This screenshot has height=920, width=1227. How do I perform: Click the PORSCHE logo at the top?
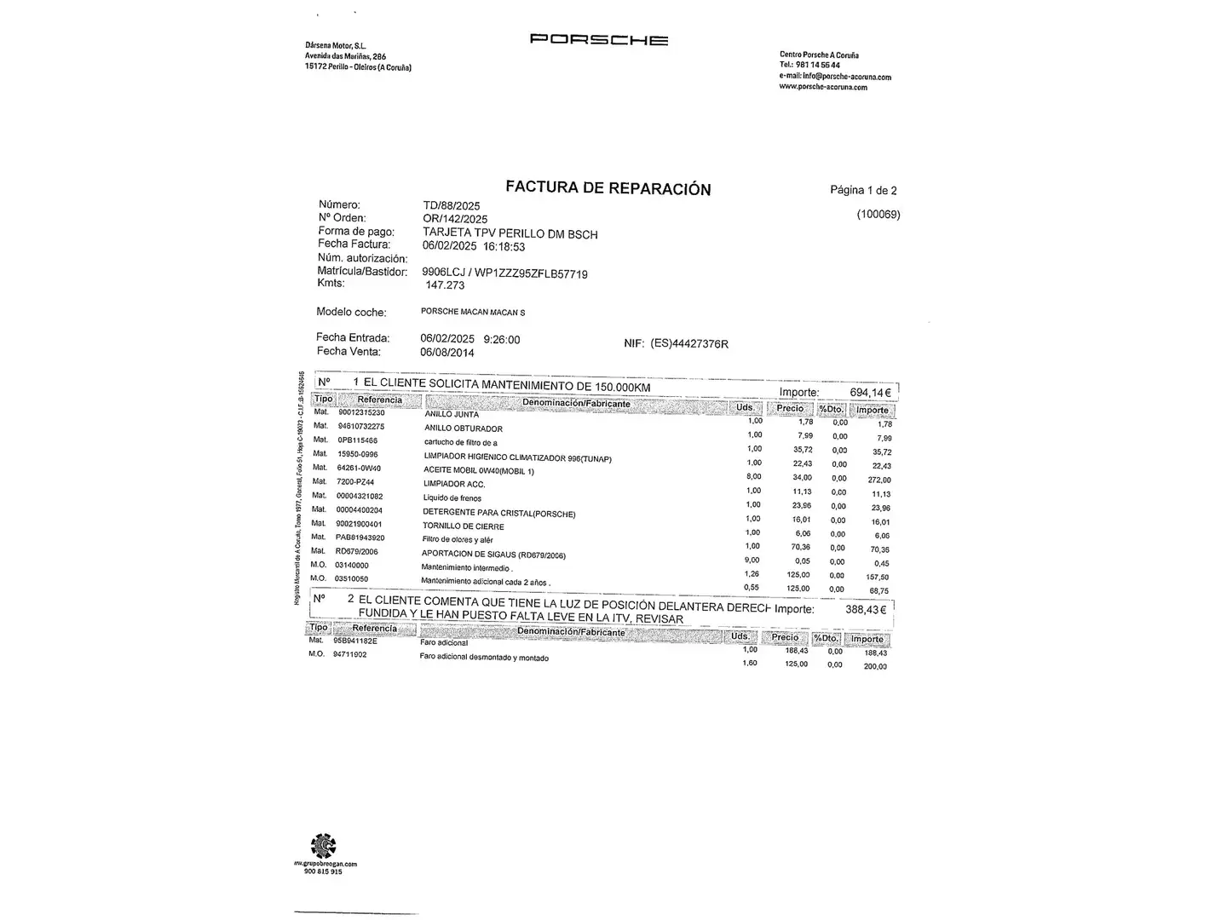[x=598, y=39]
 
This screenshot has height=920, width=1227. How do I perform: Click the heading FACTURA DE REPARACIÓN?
[x=608, y=188]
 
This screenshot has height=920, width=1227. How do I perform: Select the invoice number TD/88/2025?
[x=452, y=205]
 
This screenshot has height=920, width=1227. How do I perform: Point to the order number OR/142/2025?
[x=455, y=219]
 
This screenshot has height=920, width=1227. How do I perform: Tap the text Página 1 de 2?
[x=863, y=190]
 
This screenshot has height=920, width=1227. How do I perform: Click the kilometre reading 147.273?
[x=445, y=285]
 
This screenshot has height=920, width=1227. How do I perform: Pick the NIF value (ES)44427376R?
[x=688, y=343]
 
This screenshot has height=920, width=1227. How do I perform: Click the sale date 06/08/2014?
[x=446, y=353]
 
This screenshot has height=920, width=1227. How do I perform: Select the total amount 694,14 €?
[x=870, y=393]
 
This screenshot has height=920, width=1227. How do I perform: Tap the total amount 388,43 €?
[x=865, y=610]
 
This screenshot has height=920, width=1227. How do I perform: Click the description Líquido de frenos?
[x=452, y=498]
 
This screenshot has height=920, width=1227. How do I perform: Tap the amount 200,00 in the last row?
[x=874, y=667]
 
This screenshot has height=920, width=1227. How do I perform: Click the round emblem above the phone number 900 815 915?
[x=324, y=846]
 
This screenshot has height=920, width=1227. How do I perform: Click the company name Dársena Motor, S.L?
[x=336, y=45]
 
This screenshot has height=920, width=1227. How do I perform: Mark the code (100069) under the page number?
[x=878, y=215]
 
